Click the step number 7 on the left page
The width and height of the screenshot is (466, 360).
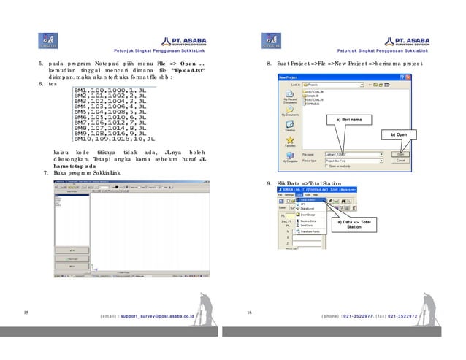[46, 172]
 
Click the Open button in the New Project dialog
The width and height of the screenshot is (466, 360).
[402, 155]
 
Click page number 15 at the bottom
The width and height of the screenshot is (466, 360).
[26, 313]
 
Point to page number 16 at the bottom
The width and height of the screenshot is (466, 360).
[249, 313]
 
